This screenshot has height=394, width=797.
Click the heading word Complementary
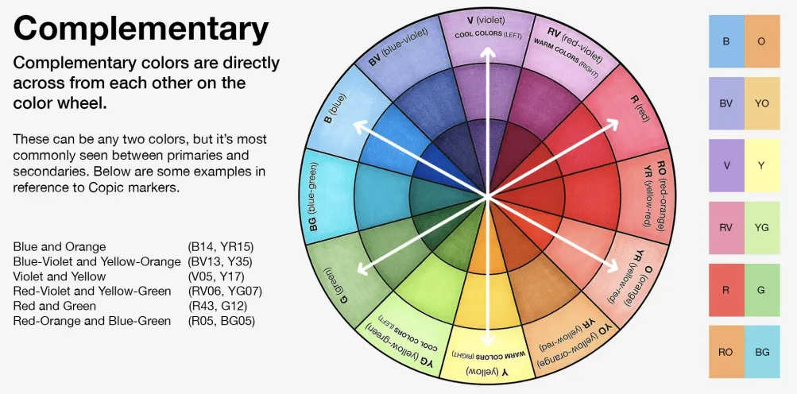pyautogui.click(x=141, y=30)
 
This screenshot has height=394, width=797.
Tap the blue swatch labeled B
pyautogui.click(x=726, y=41)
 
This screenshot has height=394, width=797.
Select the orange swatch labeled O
pyautogui.click(x=762, y=41)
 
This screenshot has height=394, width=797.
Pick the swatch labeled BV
pyautogui.click(x=726, y=103)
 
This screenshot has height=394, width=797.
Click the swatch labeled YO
pyautogui.click(x=762, y=103)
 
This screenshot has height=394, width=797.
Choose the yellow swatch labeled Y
pyautogui.click(x=762, y=165)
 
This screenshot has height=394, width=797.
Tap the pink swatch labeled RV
pyautogui.click(x=726, y=228)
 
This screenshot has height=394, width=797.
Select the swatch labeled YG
pyautogui.click(x=762, y=228)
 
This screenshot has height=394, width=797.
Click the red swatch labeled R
pyautogui.click(x=726, y=290)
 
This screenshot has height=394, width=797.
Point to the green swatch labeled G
pyautogui.click(x=762, y=290)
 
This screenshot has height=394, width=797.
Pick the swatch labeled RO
pyautogui.click(x=726, y=352)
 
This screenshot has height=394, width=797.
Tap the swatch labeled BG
pyautogui.click(x=762, y=352)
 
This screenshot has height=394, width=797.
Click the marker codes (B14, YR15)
pyautogui.click(x=221, y=247)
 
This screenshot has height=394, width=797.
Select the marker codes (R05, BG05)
pyautogui.click(x=221, y=321)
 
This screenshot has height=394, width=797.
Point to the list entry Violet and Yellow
pyautogui.click(x=60, y=276)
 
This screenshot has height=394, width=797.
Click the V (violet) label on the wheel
pyautogui.click(x=486, y=21)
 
